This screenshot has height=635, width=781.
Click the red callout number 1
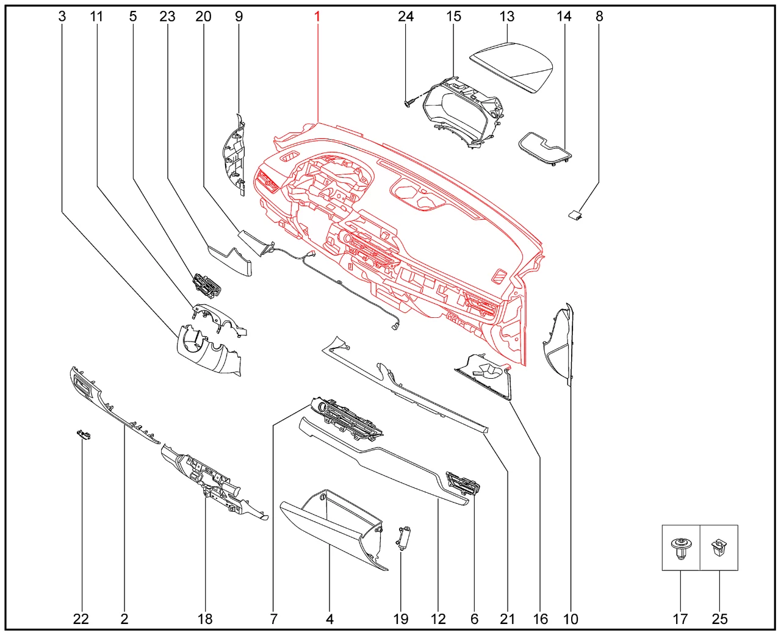(317, 16)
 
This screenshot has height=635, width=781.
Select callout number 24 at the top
(406, 16)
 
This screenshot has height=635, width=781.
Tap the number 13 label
(507, 16)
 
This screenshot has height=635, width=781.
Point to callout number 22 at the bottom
(81, 619)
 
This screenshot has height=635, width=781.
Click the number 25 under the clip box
(719, 619)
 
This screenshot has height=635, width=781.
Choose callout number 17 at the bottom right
(680, 619)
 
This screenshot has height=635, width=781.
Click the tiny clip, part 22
(83, 435)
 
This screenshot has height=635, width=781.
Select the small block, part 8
(575, 215)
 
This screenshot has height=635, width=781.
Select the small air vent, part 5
(207, 285)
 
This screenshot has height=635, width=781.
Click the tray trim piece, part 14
(545, 148)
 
